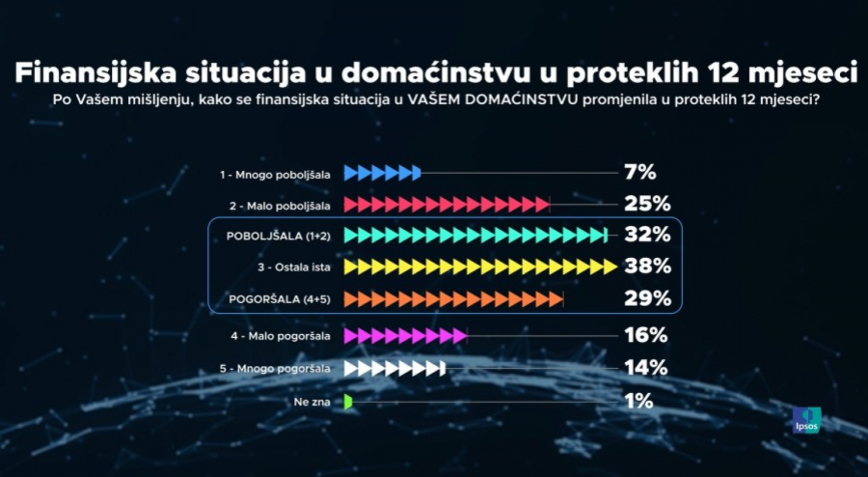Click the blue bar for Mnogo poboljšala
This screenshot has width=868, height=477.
point(383,174)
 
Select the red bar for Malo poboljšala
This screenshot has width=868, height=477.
point(447,205)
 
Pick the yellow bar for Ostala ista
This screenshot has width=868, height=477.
point(479,267)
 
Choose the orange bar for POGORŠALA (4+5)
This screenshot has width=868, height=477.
point(453,299)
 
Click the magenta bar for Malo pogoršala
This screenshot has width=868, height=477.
point(405,336)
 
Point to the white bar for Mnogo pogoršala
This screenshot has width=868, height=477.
point(394,368)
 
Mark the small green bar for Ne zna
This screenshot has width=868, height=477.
point(349,401)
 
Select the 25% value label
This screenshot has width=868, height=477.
point(646,204)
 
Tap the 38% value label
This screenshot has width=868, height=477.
point(646,267)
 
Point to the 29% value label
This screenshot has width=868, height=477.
point(646,298)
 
